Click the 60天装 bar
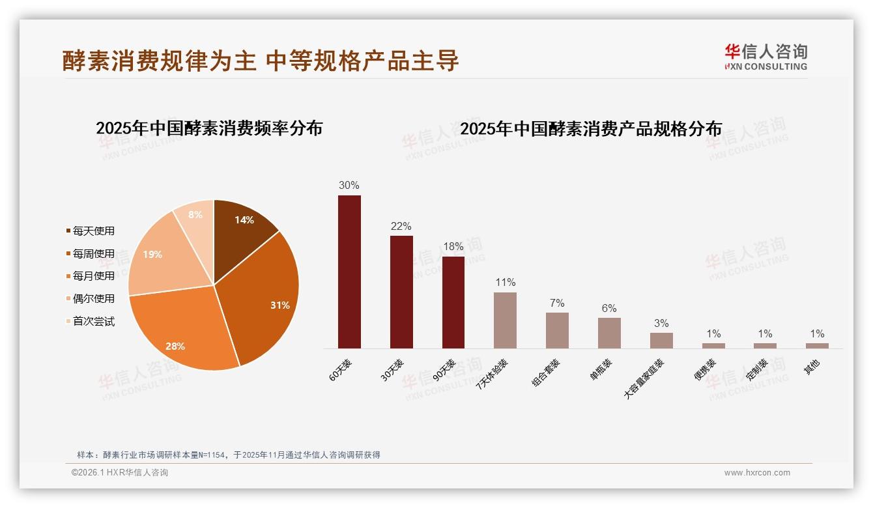pos(349,272)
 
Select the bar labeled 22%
pos(401,292)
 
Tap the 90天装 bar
pos(453,302)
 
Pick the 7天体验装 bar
pos(505,320)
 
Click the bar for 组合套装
pos(557,330)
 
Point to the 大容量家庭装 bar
pos(661,341)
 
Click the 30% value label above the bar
pos(349,185)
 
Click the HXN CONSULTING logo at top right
pos(766,57)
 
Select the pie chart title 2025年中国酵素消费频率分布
pos(209,128)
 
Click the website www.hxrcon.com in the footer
pos(757,473)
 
